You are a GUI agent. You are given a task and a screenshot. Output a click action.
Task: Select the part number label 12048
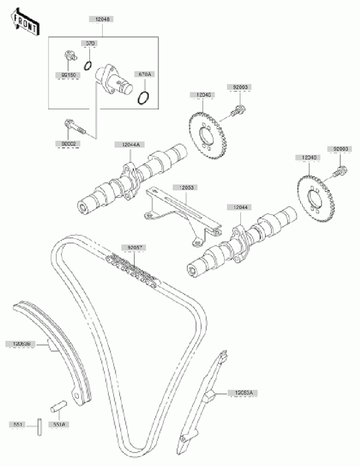tap(100, 19)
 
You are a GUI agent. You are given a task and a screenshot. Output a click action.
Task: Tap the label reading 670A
tap(143, 74)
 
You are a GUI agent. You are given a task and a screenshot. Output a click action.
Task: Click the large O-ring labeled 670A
tap(145, 97)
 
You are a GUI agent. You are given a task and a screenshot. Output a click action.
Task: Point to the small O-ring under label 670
tap(89, 63)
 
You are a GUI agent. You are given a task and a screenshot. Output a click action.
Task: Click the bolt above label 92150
tap(69, 57)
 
